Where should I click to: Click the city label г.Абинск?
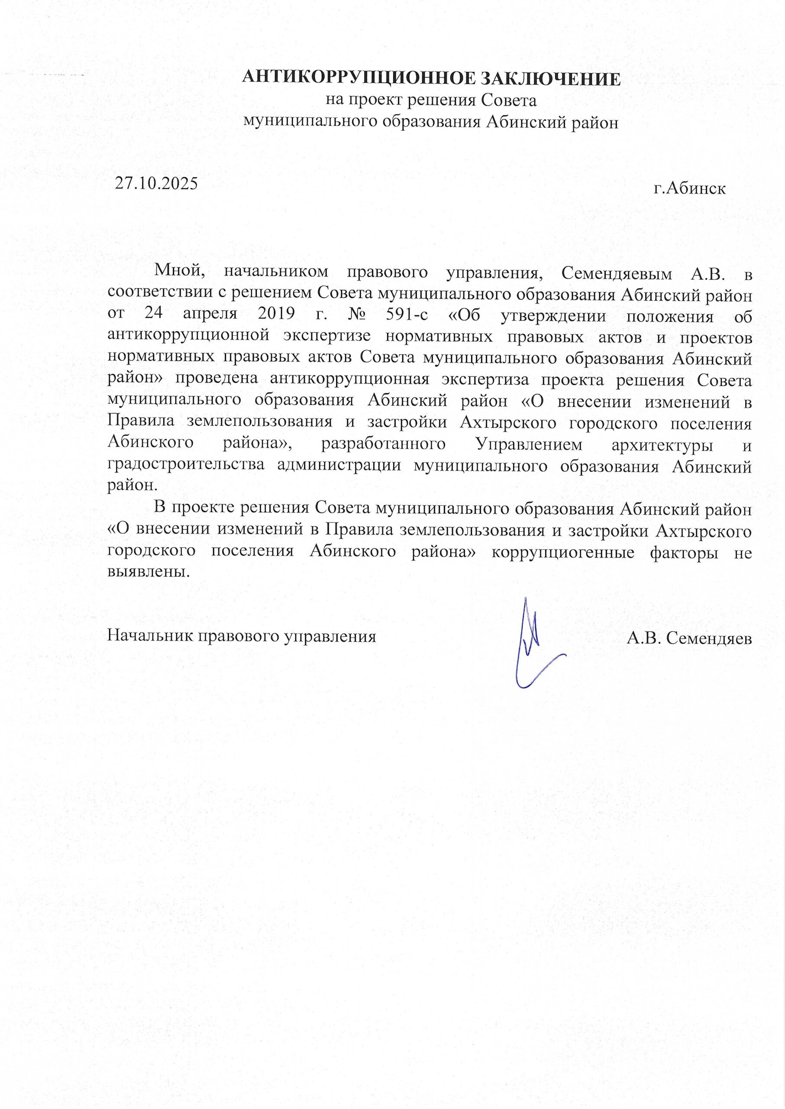pyautogui.click(x=689, y=188)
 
